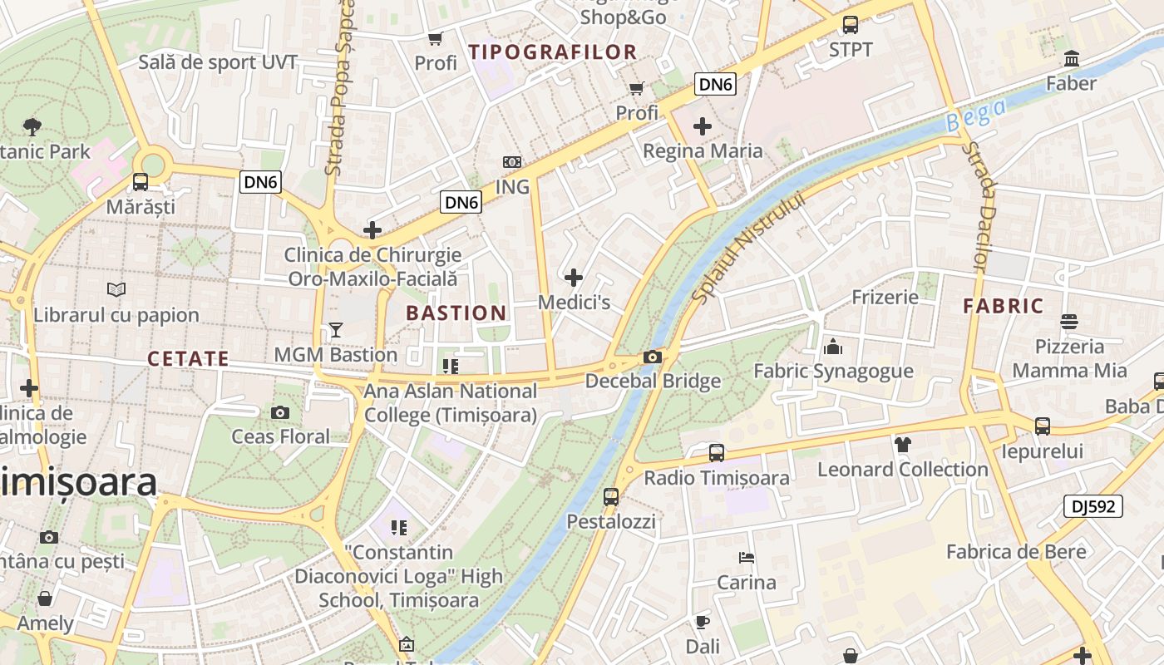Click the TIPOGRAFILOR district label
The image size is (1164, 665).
(x=553, y=52)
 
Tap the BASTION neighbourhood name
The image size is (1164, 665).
(x=456, y=313)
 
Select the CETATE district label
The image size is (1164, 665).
(x=188, y=359)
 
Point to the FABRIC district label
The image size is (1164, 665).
(x=1004, y=306)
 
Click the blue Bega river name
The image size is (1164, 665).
(x=976, y=114)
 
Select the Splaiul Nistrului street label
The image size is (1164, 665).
(x=750, y=247)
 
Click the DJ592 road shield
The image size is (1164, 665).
(x=1092, y=506)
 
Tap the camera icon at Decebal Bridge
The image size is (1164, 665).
(x=653, y=357)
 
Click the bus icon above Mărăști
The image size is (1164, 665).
(x=141, y=182)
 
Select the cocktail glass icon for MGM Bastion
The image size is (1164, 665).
(x=335, y=330)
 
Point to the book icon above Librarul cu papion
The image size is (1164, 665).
(x=116, y=290)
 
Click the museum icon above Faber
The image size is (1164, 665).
(x=1072, y=59)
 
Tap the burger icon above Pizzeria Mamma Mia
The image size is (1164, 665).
(x=1069, y=322)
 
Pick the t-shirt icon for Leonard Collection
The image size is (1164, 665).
(x=903, y=445)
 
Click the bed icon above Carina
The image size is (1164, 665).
(x=747, y=558)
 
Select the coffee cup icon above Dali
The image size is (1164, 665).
(x=703, y=621)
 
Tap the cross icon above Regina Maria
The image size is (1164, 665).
(x=703, y=126)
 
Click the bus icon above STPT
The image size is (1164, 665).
(x=850, y=25)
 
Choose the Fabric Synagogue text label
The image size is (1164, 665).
(x=833, y=372)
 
